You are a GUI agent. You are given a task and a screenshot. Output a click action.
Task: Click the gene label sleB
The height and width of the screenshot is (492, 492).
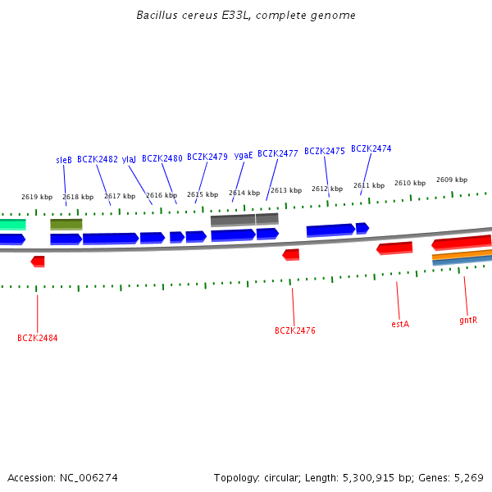click(x=64, y=160)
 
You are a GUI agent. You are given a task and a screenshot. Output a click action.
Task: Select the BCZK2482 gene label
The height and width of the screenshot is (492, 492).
click(x=98, y=159)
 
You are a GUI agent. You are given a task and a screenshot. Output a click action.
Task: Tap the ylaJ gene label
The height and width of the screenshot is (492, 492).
click(x=130, y=159)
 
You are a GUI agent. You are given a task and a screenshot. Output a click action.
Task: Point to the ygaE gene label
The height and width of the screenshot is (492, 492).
click(x=244, y=155)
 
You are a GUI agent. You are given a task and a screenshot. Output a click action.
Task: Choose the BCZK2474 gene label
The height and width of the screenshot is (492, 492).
click(x=371, y=148)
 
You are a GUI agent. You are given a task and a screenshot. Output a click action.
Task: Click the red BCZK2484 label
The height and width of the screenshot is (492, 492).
click(x=38, y=338)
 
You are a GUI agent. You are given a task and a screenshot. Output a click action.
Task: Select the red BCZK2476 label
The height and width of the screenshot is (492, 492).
click(x=294, y=330)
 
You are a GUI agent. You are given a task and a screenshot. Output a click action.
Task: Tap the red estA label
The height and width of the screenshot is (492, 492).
click(x=400, y=324)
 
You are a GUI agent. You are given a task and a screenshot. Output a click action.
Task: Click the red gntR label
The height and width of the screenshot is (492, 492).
click(x=468, y=320)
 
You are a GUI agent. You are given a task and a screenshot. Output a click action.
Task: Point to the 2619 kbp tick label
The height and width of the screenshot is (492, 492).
click(x=37, y=197)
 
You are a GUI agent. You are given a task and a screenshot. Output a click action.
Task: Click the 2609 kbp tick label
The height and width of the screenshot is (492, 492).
click(x=452, y=180)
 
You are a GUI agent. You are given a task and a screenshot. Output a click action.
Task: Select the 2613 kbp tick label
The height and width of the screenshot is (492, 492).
click(x=286, y=190)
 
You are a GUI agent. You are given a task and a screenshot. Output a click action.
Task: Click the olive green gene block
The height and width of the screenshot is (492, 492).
click(x=66, y=224)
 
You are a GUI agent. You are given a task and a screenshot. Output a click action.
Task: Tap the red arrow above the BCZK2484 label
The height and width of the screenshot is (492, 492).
click(x=38, y=261)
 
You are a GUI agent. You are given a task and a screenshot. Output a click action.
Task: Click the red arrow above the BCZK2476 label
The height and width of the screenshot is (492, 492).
click(x=291, y=255)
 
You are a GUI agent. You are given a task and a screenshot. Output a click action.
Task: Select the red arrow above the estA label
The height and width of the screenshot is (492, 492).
click(x=394, y=248)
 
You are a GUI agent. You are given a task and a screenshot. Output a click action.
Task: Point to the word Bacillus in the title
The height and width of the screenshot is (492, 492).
click(x=156, y=16)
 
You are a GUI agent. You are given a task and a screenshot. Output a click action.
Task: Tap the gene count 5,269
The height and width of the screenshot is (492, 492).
click(x=467, y=477)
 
